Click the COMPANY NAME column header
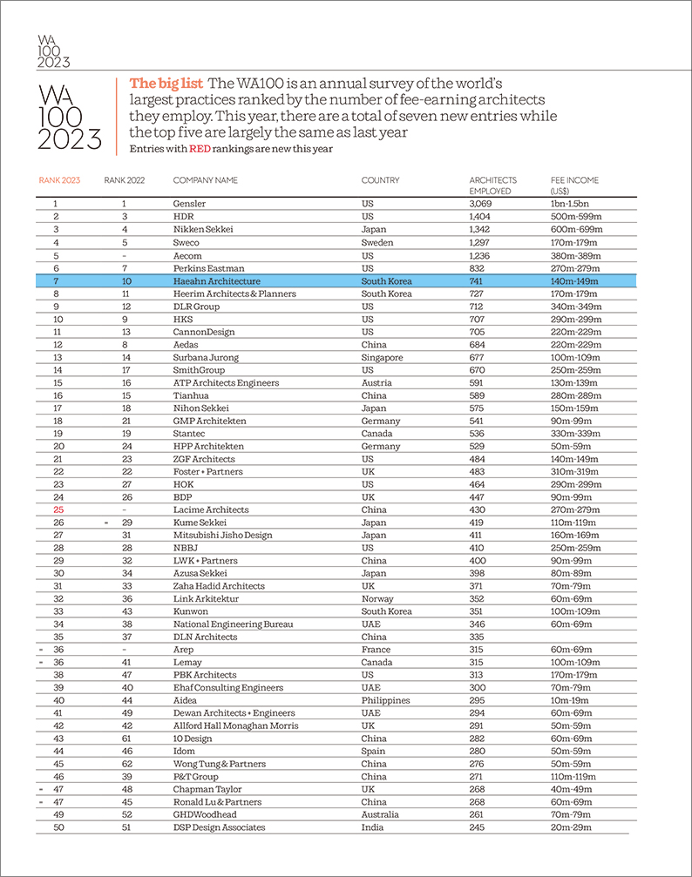[x=205, y=180]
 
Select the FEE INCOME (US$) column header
[x=574, y=185]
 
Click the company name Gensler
[x=189, y=204]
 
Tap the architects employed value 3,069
[x=481, y=204]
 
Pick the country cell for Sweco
[x=377, y=242]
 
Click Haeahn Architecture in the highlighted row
[x=217, y=281]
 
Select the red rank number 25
[x=58, y=509]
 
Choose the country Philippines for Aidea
[x=384, y=700]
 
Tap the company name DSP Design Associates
[x=219, y=827]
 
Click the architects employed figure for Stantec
[x=478, y=434]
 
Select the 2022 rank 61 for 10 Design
[x=126, y=739]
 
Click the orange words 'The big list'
[x=166, y=84]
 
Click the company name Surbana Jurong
[x=206, y=357]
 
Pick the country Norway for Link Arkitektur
[x=378, y=599]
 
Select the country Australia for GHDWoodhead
[x=381, y=814]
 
